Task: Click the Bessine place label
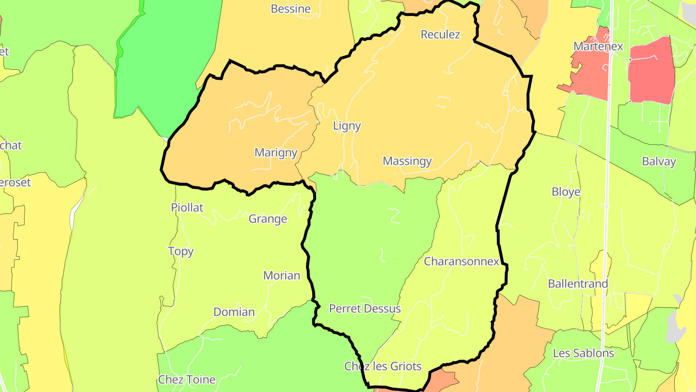[x=290, y=9]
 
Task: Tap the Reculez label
[x=440, y=34]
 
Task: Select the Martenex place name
[x=598, y=46]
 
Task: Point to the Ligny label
[x=347, y=126]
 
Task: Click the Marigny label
[x=275, y=152]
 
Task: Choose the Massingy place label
[x=407, y=161]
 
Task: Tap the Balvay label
[x=659, y=161]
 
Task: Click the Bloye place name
[x=565, y=192]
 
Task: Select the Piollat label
[x=187, y=208]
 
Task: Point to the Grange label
[x=268, y=219]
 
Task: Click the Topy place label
[x=181, y=251]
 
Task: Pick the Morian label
[x=281, y=275]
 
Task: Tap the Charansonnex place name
[x=461, y=261]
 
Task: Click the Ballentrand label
[x=578, y=284]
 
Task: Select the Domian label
[x=234, y=312]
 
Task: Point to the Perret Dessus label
[x=365, y=308]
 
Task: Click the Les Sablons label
[x=583, y=353]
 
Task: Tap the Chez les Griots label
[x=383, y=366]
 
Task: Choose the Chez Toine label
[x=187, y=379]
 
